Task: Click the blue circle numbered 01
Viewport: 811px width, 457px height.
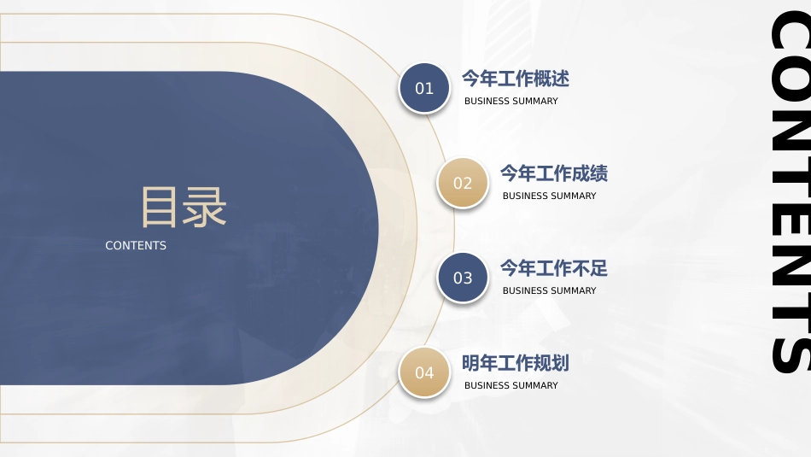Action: [x=424, y=88]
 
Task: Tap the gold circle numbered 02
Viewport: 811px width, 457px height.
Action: [x=463, y=183]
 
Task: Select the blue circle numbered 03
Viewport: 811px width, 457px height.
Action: [x=463, y=278]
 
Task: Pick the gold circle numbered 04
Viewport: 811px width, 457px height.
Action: [x=424, y=372]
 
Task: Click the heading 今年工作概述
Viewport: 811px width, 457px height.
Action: [x=515, y=79]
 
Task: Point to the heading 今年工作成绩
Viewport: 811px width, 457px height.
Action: [x=553, y=173]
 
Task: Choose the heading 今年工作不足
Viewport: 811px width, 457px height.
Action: [x=553, y=268]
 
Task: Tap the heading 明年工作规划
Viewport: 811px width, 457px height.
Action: [x=515, y=363]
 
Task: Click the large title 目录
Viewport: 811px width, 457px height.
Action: [x=184, y=207]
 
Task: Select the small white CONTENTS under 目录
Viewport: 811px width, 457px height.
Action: [x=136, y=245]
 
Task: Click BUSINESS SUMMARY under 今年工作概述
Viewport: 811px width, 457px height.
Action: [x=511, y=101]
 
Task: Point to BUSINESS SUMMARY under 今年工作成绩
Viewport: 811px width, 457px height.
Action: [x=549, y=196]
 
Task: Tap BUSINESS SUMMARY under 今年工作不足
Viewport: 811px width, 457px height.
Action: [x=549, y=290]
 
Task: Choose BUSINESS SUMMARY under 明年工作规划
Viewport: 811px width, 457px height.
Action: [x=511, y=385]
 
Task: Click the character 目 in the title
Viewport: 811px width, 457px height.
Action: [x=159, y=207]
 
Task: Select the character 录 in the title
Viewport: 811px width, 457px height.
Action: [x=205, y=207]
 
